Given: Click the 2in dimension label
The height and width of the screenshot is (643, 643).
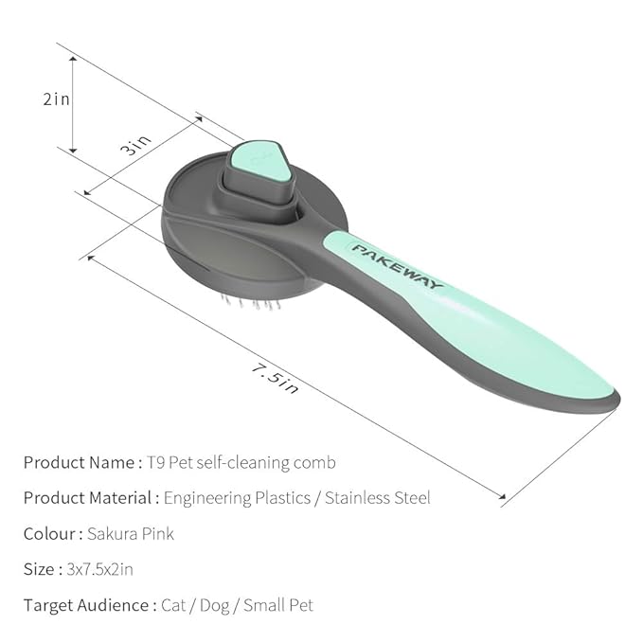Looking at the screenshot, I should click(57, 98).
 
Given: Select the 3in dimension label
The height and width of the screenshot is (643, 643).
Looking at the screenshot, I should click(136, 147).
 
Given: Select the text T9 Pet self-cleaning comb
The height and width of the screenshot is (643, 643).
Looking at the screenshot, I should click(241, 463).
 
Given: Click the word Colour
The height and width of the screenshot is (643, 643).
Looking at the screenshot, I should click(48, 534).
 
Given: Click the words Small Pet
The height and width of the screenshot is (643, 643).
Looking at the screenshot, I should click(278, 604).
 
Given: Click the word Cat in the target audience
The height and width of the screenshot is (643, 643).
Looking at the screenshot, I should click(176, 604).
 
